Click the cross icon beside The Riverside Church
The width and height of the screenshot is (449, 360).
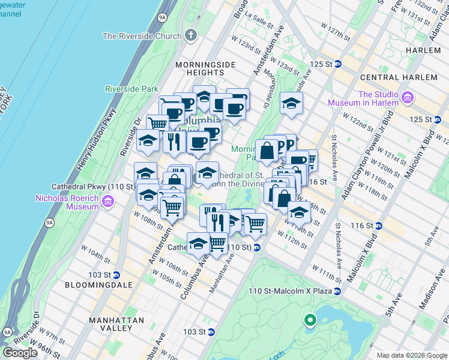pos(191,35)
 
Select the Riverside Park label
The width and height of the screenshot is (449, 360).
pos(131,89)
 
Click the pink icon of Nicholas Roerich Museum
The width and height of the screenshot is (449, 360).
pos(107,201)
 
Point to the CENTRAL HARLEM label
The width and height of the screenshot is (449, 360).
pos(399,77)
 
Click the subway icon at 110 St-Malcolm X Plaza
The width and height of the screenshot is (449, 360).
pos(337,292)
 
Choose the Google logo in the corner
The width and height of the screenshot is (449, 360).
pos(20,353)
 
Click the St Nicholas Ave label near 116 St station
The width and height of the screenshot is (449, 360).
pos(339,245)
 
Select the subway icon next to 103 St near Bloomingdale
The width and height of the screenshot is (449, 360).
pos(116,275)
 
